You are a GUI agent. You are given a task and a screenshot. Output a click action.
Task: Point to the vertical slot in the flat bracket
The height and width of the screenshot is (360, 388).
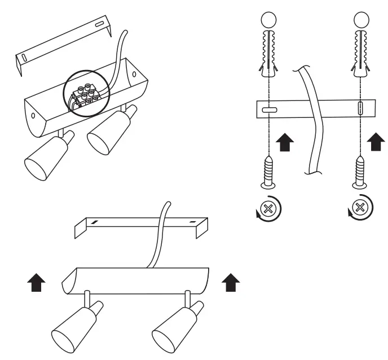360,108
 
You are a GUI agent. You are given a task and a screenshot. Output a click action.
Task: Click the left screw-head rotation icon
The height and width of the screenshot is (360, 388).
268,209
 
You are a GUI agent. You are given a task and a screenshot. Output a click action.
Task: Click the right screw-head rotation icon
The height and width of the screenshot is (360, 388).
360,209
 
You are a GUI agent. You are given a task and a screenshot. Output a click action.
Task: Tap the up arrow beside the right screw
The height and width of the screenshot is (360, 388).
376,141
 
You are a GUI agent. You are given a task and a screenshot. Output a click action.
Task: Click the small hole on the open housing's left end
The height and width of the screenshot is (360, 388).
33,115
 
